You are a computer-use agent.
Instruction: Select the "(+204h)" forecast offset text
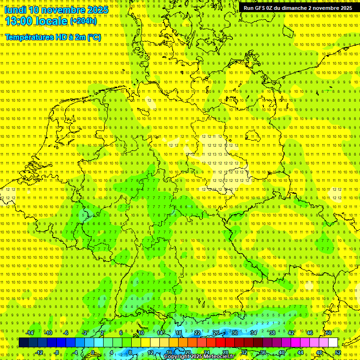(83, 21)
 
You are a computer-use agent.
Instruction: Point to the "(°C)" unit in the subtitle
(94, 37)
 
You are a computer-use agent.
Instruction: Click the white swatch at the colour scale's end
(333, 343)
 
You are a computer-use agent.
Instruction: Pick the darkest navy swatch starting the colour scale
(23, 343)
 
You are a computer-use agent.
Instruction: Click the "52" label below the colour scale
(338, 352)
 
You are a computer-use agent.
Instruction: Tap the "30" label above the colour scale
(234, 333)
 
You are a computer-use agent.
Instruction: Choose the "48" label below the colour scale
(319, 352)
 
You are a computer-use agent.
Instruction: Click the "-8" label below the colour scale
(57, 352)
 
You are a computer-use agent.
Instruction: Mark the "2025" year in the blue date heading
(97, 10)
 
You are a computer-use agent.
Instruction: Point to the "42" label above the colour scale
(291, 333)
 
